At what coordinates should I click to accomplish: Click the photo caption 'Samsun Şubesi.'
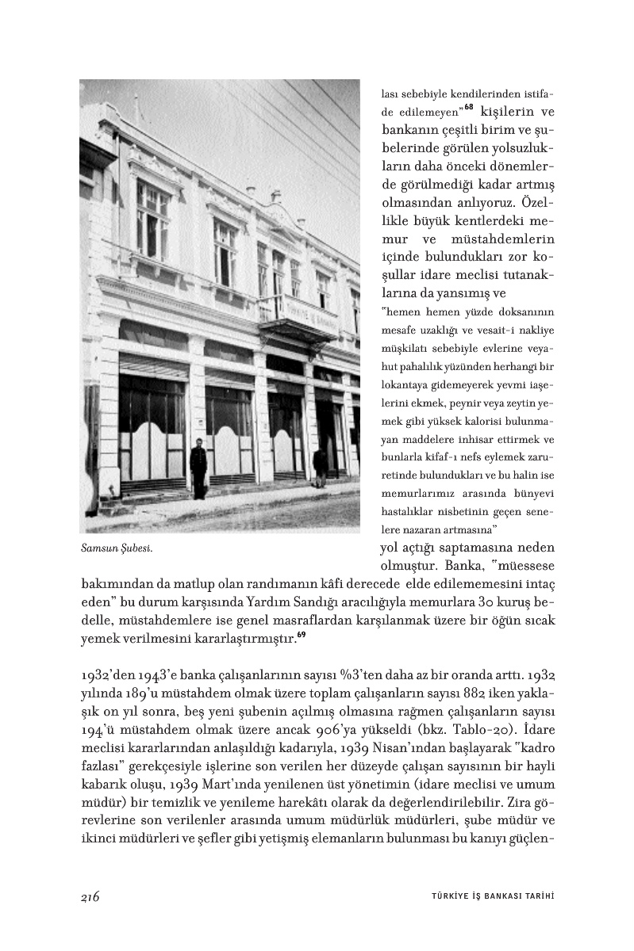[x=117, y=548]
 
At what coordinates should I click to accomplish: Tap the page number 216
[x=90, y=896]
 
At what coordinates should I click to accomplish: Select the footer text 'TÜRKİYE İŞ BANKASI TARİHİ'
[x=486, y=897]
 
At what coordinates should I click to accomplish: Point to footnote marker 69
[x=301, y=633]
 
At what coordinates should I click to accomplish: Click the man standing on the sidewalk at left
[x=198, y=470]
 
